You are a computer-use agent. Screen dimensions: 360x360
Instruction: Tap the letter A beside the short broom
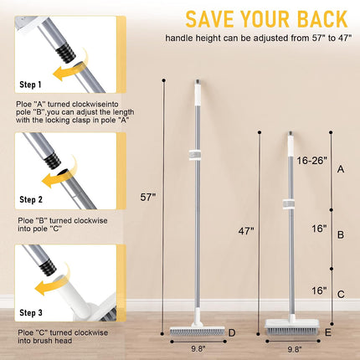340,168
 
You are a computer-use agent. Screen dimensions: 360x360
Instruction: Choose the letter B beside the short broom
340,235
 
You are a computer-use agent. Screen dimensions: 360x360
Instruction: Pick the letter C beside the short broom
340,293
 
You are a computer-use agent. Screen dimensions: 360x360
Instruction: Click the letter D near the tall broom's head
231,334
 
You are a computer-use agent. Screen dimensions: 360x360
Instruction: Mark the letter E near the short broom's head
327,332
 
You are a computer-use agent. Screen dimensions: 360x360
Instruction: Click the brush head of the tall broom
193,328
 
